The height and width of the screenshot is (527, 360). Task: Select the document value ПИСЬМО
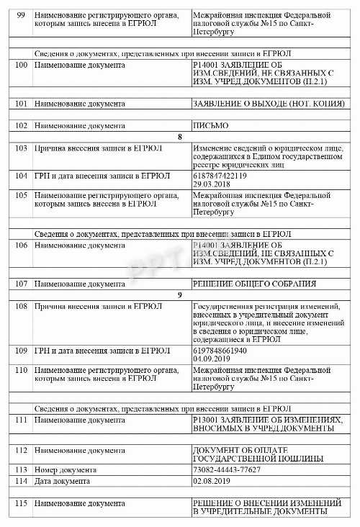tap(210, 125)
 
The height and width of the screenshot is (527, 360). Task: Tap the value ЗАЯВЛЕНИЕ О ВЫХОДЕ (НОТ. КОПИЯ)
tap(268, 103)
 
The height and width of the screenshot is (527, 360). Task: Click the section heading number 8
tap(180, 136)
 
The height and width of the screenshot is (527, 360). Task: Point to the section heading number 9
tap(180, 294)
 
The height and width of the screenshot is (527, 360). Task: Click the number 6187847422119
tap(220, 175)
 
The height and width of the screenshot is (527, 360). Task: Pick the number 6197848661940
tap(220, 351)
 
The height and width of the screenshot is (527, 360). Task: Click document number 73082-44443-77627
tap(227, 469)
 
